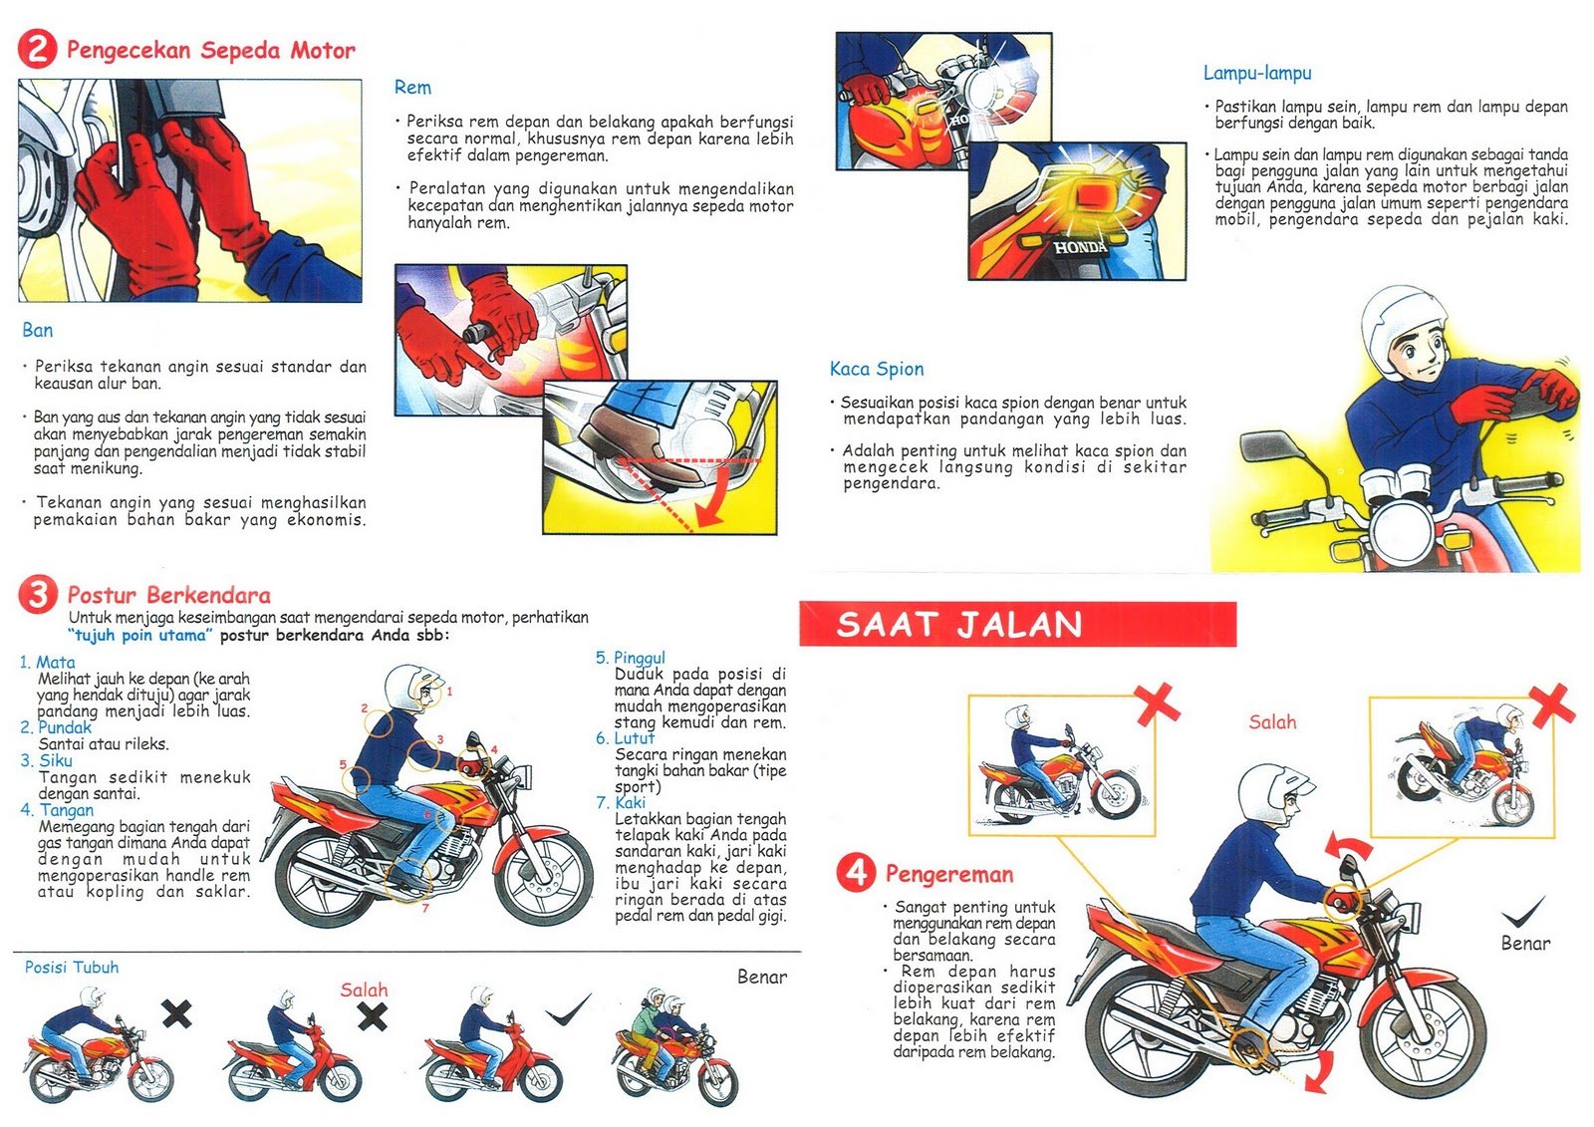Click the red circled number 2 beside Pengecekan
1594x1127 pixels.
37,49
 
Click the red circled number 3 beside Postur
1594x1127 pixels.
38,595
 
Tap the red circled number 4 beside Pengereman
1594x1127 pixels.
856,873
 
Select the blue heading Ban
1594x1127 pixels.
38,330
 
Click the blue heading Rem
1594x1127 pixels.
412,88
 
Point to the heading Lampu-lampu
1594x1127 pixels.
1256,73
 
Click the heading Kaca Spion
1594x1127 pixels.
877,369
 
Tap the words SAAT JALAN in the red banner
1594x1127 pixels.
958,625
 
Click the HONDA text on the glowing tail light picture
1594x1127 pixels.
1080,246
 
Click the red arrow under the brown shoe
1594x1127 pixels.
709,506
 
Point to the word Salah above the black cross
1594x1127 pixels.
364,989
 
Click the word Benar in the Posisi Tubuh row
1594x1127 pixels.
761,978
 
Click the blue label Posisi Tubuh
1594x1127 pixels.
72,968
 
